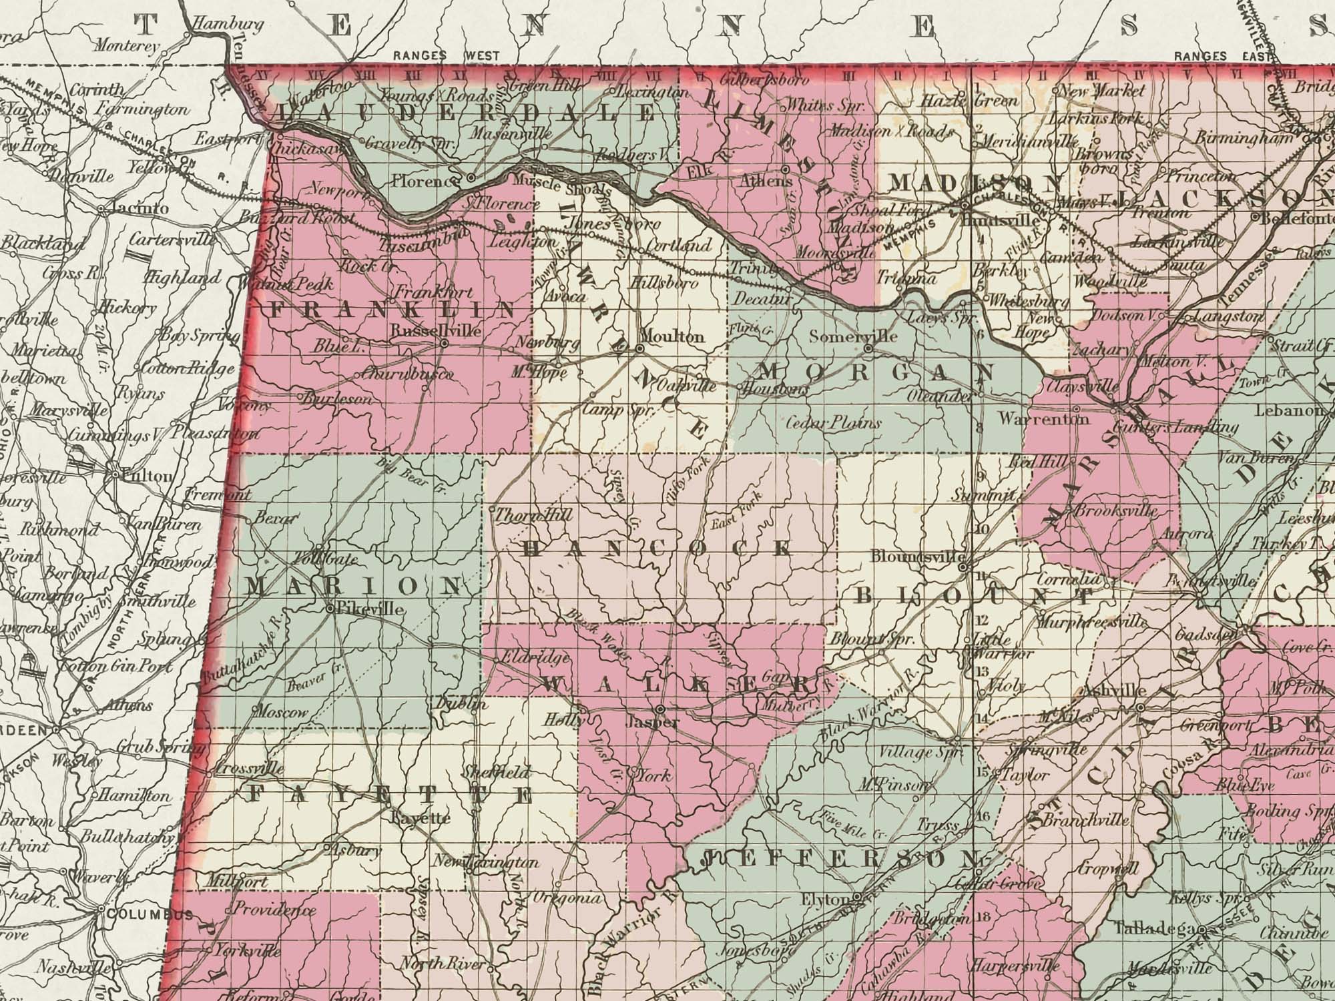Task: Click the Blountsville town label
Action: [x=918, y=557]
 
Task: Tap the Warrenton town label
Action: [x=1044, y=419]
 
